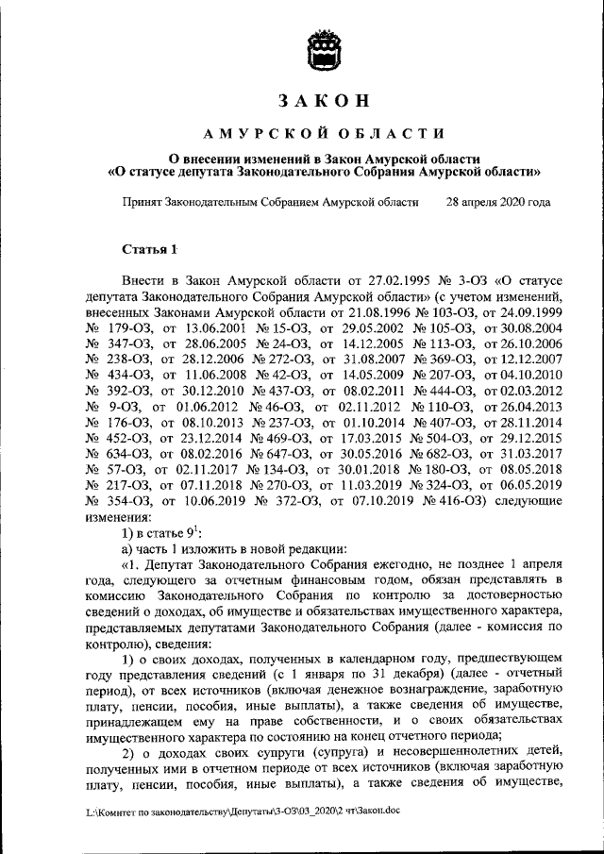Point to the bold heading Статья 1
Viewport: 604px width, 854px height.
(x=149, y=249)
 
